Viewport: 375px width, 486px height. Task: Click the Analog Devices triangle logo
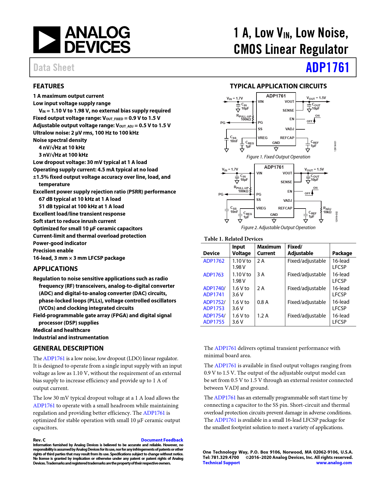pyautogui.click(x=46, y=40)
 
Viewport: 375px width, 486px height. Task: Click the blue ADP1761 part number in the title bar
pyautogui.click(x=327, y=67)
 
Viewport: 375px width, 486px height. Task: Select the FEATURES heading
pyautogui.click(x=49, y=86)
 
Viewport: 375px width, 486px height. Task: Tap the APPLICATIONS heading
pyautogui.click(x=55, y=269)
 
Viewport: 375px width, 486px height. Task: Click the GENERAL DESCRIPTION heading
pyautogui.click(x=68, y=348)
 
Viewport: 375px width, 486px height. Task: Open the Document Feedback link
pyautogui.click(x=162, y=440)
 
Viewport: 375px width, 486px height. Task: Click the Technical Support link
pyautogui.click(x=221, y=463)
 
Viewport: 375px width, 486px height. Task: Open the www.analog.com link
pyautogui.click(x=334, y=463)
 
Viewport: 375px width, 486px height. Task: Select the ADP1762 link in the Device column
pyautogui.click(x=214, y=261)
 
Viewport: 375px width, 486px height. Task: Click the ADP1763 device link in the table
pyautogui.click(x=213, y=275)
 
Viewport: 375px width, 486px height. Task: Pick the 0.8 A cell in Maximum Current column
pyautogui.click(x=263, y=302)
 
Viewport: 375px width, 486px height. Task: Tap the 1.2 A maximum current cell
pyautogui.click(x=263, y=316)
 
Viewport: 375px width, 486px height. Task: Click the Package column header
pyautogui.click(x=342, y=253)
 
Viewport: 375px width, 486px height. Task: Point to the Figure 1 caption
pyautogui.click(x=278, y=157)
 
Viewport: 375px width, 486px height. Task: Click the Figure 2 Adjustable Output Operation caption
pyautogui.click(x=278, y=228)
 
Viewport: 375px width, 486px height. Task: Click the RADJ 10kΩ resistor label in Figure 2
pyautogui.click(x=327, y=210)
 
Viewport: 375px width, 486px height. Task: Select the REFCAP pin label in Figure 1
pyautogui.click(x=287, y=138)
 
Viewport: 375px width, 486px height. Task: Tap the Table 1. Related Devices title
pyautogui.click(x=233, y=239)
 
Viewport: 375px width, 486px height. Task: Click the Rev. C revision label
pyautogui.click(x=39, y=440)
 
